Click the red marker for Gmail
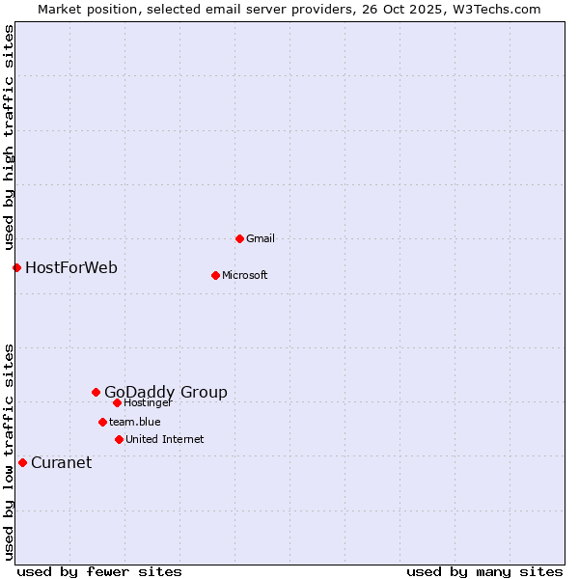click(x=239, y=238)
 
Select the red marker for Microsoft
click(x=215, y=275)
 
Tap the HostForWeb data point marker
click(x=16, y=267)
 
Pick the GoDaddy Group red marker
click(x=96, y=392)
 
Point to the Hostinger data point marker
click(x=117, y=402)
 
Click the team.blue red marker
click(x=102, y=422)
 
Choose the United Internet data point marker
click(x=119, y=439)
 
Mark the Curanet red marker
click(x=22, y=462)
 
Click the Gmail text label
click(x=261, y=238)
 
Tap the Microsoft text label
click(x=245, y=275)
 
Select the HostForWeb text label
click(x=71, y=267)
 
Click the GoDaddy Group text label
click(x=166, y=392)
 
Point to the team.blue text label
click(x=135, y=422)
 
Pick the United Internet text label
click(x=165, y=439)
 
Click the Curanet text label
click(x=62, y=462)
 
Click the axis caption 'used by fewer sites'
click(x=99, y=571)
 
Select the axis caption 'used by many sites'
click(x=484, y=571)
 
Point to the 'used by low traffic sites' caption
click(x=10, y=452)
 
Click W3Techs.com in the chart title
click(x=496, y=9)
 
